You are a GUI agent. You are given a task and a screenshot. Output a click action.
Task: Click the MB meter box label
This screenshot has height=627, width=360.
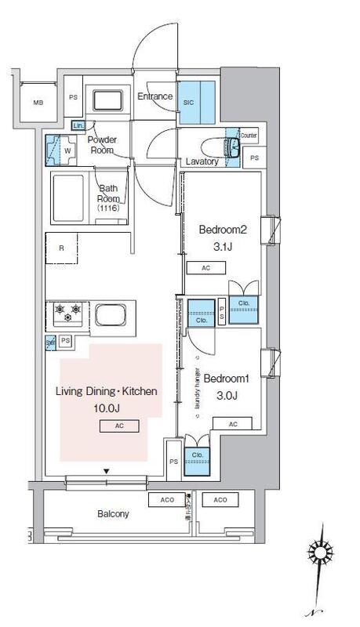pos(38,103)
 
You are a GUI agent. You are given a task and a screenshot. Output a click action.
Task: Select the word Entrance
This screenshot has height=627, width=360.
pos(155,96)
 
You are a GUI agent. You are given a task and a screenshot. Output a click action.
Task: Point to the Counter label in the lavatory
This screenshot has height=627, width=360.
pos(249,135)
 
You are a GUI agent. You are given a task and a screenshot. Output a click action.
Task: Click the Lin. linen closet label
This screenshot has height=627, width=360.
pos(78,125)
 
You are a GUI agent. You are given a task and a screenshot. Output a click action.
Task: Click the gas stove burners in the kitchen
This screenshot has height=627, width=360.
pos(67,315)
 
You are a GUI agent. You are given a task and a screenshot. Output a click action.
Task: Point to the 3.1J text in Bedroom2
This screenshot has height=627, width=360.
pos(224,248)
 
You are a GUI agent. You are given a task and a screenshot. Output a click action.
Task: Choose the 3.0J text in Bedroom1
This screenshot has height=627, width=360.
pos(224,396)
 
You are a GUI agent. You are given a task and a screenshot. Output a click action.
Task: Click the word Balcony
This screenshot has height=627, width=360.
pos(113,514)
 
